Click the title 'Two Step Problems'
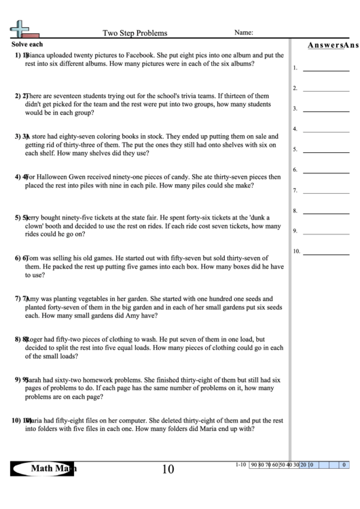(x=134, y=33)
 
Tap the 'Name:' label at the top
(x=244, y=32)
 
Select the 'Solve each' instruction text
(x=27, y=43)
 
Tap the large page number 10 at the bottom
(x=168, y=469)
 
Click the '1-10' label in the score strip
(x=240, y=465)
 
